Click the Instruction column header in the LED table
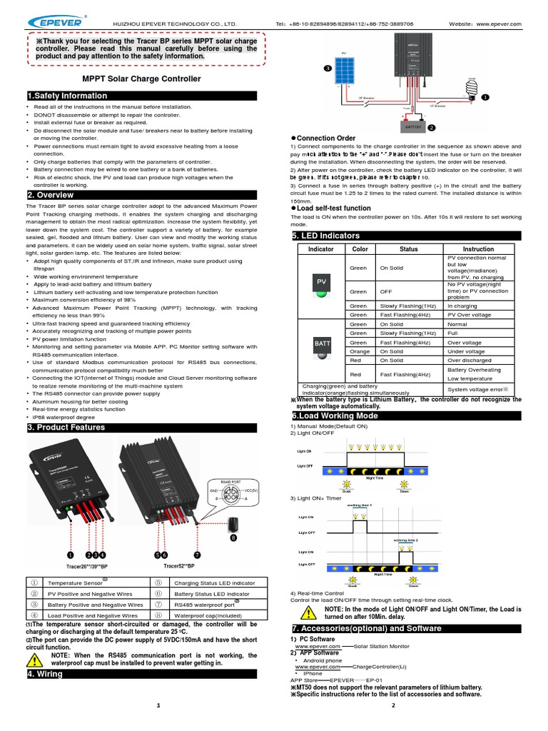point(478,249)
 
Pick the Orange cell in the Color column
point(358,351)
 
